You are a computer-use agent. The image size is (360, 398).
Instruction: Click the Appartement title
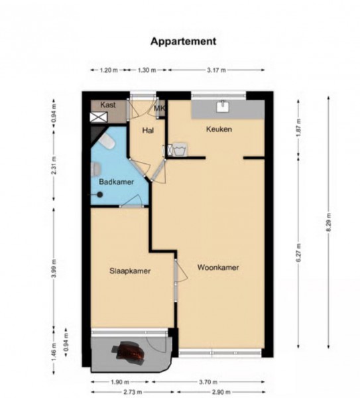tap(183, 42)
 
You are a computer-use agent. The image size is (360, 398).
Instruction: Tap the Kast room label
tap(108, 105)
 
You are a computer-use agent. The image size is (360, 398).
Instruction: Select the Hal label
tap(148, 131)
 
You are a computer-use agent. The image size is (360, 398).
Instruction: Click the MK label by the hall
tap(160, 108)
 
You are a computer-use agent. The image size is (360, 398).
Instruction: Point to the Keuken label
tap(219, 129)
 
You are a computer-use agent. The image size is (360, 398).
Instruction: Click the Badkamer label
tap(116, 182)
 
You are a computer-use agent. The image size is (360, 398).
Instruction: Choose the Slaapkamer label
tap(130, 271)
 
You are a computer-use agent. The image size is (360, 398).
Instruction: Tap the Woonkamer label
tap(218, 267)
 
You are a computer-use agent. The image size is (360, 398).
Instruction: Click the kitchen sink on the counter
tap(223, 106)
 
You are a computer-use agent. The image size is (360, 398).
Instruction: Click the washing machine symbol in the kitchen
tap(180, 150)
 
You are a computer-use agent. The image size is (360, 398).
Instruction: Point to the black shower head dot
tap(100, 194)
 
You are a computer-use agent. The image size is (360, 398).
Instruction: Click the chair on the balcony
tap(129, 350)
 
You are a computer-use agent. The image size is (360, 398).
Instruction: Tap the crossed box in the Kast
tap(99, 117)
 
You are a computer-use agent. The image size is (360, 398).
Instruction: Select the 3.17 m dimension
tap(216, 70)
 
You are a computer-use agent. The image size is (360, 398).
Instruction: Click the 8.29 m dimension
tap(328, 222)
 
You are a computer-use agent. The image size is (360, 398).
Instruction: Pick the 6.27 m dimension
tap(298, 253)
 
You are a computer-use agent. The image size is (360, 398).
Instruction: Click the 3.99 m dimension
tap(54, 269)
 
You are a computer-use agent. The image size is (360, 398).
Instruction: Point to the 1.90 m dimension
tap(120, 382)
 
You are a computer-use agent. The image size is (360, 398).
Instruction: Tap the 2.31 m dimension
tap(54, 165)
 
